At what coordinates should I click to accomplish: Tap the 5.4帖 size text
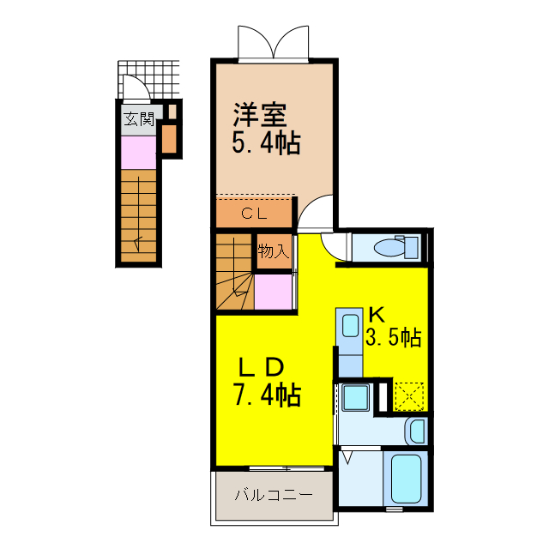(265, 142)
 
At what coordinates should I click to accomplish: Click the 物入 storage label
(273, 251)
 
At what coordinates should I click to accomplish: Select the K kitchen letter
(376, 313)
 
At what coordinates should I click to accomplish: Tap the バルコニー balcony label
(273, 496)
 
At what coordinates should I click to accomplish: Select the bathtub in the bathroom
(407, 479)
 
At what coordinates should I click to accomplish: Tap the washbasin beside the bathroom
(416, 429)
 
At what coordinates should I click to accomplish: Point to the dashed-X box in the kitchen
(409, 395)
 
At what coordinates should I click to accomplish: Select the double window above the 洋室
(273, 41)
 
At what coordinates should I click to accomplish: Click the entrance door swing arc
(134, 86)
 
